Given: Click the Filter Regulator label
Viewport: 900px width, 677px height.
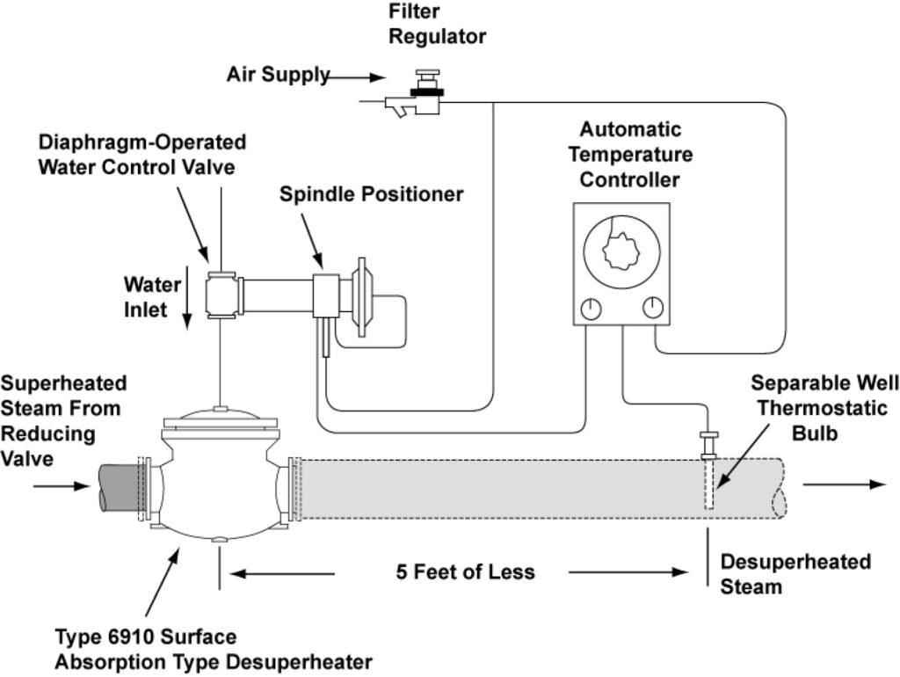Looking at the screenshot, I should (x=438, y=25).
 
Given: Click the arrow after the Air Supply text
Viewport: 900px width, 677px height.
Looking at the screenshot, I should (x=356, y=78).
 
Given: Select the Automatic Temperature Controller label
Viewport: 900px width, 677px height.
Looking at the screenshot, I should (x=629, y=155).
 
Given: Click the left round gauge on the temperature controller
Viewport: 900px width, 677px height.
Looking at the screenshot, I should (x=591, y=309).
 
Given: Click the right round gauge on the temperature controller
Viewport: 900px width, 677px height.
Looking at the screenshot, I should (x=651, y=308).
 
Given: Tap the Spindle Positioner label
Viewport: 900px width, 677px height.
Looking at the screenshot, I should (x=371, y=194).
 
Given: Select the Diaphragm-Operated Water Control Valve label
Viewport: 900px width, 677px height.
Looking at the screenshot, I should (x=142, y=154).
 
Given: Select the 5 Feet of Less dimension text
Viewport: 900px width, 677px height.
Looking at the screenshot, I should (x=465, y=572).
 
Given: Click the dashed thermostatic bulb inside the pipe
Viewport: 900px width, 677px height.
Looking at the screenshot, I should (x=710, y=484).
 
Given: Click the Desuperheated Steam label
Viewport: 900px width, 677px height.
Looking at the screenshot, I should (x=795, y=573).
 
